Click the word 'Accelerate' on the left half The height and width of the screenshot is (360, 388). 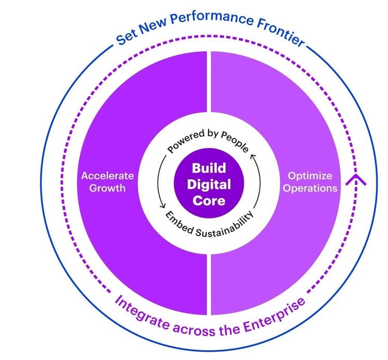(107, 176)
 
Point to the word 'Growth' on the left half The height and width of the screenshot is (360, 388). (107, 188)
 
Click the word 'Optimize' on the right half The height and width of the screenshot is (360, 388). (310, 176)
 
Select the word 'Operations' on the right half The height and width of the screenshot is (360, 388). (310, 188)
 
